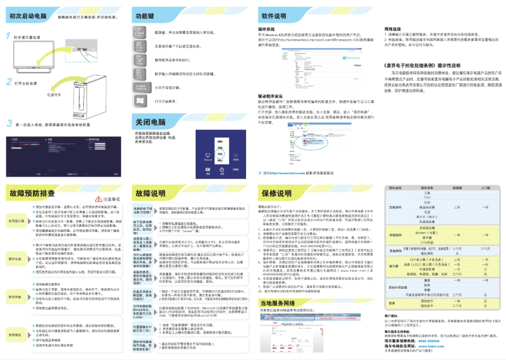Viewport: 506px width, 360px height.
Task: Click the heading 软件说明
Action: tap(278, 14)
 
